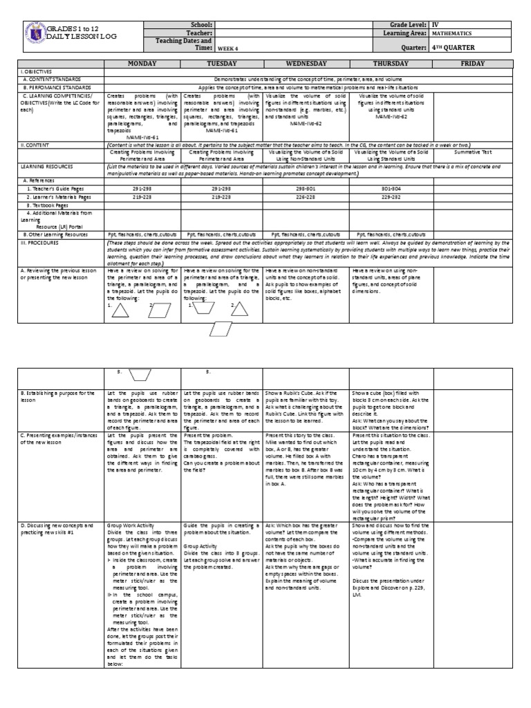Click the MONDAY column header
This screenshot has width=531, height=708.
click(x=142, y=63)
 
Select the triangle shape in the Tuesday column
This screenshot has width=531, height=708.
click(x=239, y=312)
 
